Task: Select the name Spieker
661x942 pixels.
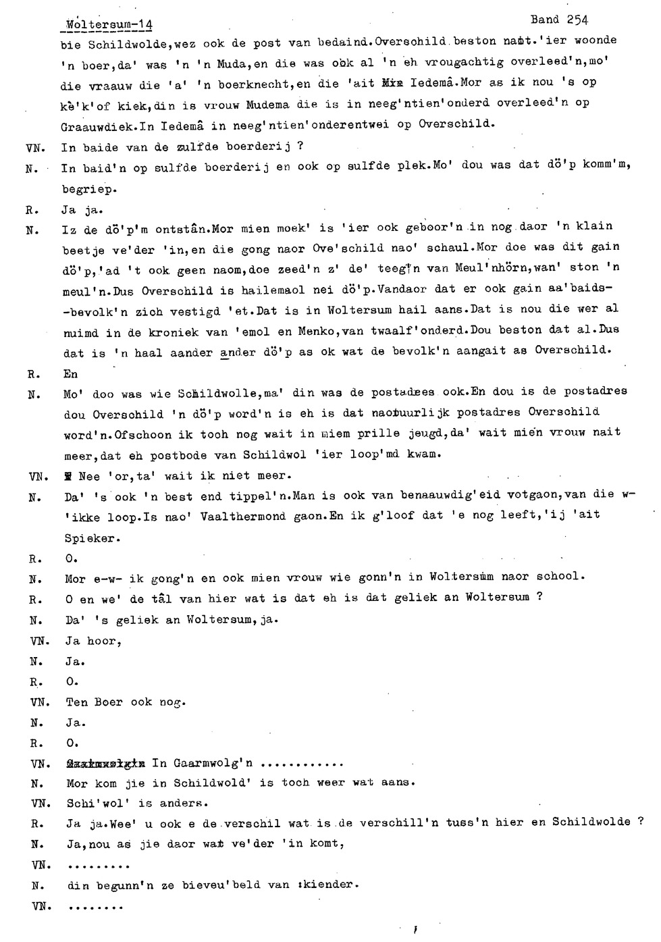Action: pyautogui.click(x=92, y=538)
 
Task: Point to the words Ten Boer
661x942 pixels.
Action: pyautogui.click(x=95, y=702)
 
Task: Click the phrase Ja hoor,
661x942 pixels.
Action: pyautogui.click(x=94, y=641)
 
